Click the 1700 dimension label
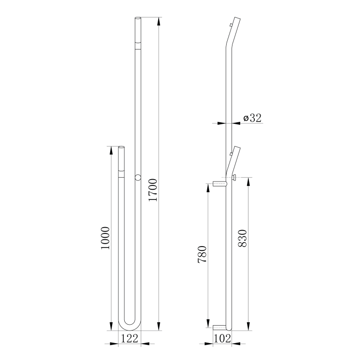(153, 190)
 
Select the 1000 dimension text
(105, 238)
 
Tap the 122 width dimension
(130, 338)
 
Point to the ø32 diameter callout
(252, 118)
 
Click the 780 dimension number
(202, 254)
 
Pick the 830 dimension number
(243, 238)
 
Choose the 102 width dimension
(222, 338)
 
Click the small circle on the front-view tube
(138, 177)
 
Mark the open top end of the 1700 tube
(138, 18)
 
